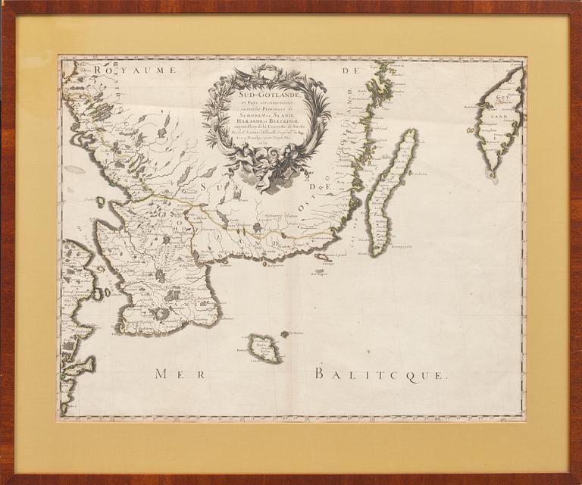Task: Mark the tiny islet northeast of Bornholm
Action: point(285,333)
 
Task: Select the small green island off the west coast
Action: point(100,202)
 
